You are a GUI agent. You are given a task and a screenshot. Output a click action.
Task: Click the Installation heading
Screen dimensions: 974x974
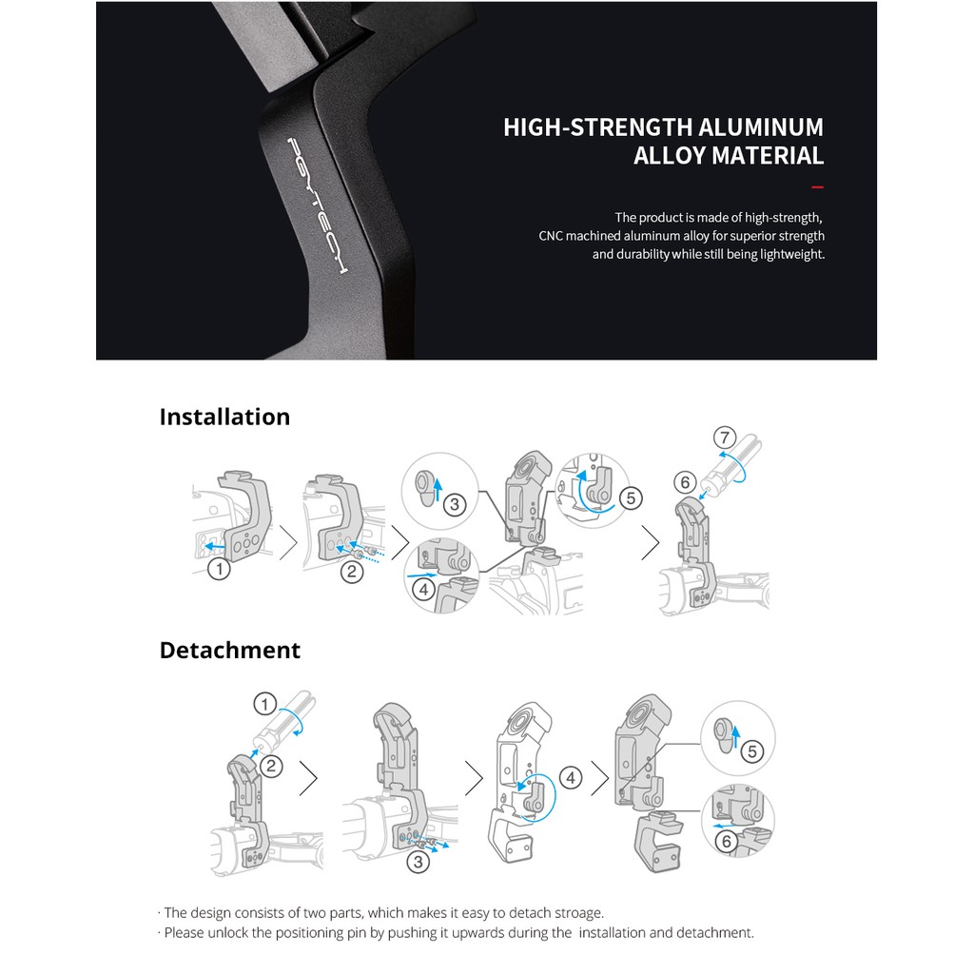click(224, 417)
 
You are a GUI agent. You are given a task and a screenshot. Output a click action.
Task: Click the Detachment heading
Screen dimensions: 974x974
click(230, 650)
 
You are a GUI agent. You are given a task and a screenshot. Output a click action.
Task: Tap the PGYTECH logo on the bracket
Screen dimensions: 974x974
click(316, 206)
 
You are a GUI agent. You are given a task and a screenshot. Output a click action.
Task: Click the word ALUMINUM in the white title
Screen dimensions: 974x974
click(761, 127)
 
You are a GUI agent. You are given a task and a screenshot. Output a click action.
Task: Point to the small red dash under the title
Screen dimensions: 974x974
click(817, 187)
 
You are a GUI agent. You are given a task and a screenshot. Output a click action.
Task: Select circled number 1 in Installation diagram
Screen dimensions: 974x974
click(219, 569)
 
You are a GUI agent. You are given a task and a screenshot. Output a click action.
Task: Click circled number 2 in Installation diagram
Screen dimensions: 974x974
click(352, 572)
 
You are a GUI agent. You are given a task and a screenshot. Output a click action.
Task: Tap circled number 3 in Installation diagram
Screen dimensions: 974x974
click(455, 504)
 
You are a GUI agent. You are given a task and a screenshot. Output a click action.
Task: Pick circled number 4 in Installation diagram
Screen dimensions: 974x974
click(424, 588)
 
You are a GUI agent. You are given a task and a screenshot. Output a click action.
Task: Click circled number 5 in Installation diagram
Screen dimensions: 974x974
click(632, 498)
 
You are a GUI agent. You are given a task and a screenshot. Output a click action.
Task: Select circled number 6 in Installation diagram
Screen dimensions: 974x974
click(685, 482)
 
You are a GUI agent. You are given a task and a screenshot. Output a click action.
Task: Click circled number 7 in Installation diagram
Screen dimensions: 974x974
click(725, 438)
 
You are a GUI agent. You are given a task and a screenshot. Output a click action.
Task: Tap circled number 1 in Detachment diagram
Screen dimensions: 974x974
click(265, 704)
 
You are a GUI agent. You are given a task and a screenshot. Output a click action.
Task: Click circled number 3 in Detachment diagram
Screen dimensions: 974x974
click(419, 862)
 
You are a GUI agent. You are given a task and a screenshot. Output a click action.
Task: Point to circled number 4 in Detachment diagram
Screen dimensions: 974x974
click(571, 777)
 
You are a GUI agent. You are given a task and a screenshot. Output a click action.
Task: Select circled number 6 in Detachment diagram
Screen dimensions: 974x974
click(726, 842)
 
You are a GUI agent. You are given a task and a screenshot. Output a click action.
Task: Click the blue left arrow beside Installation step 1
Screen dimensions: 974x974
click(215, 547)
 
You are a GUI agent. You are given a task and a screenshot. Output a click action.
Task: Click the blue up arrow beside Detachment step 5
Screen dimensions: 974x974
click(736, 738)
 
